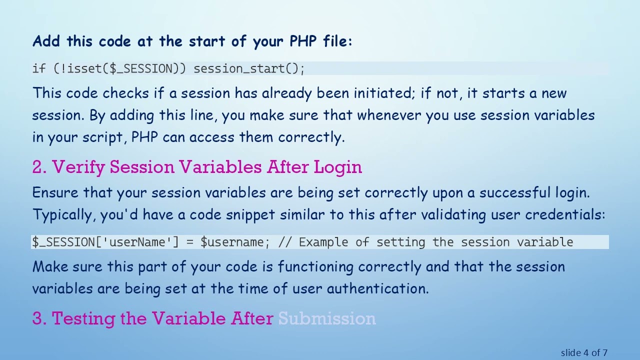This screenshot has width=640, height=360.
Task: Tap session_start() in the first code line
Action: tap(248, 68)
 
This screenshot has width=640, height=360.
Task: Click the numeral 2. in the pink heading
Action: tap(39, 167)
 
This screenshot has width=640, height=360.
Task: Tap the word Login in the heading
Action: tap(338, 167)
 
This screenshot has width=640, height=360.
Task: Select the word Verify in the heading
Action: tap(78, 167)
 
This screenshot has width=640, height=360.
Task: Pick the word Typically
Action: tap(64, 215)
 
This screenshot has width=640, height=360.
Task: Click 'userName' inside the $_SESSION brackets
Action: tap(140, 242)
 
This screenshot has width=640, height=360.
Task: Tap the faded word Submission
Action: tap(327, 318)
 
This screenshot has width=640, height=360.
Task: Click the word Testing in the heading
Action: tap(83, 318)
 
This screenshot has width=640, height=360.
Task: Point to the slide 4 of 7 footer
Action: tap(584, 353)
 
